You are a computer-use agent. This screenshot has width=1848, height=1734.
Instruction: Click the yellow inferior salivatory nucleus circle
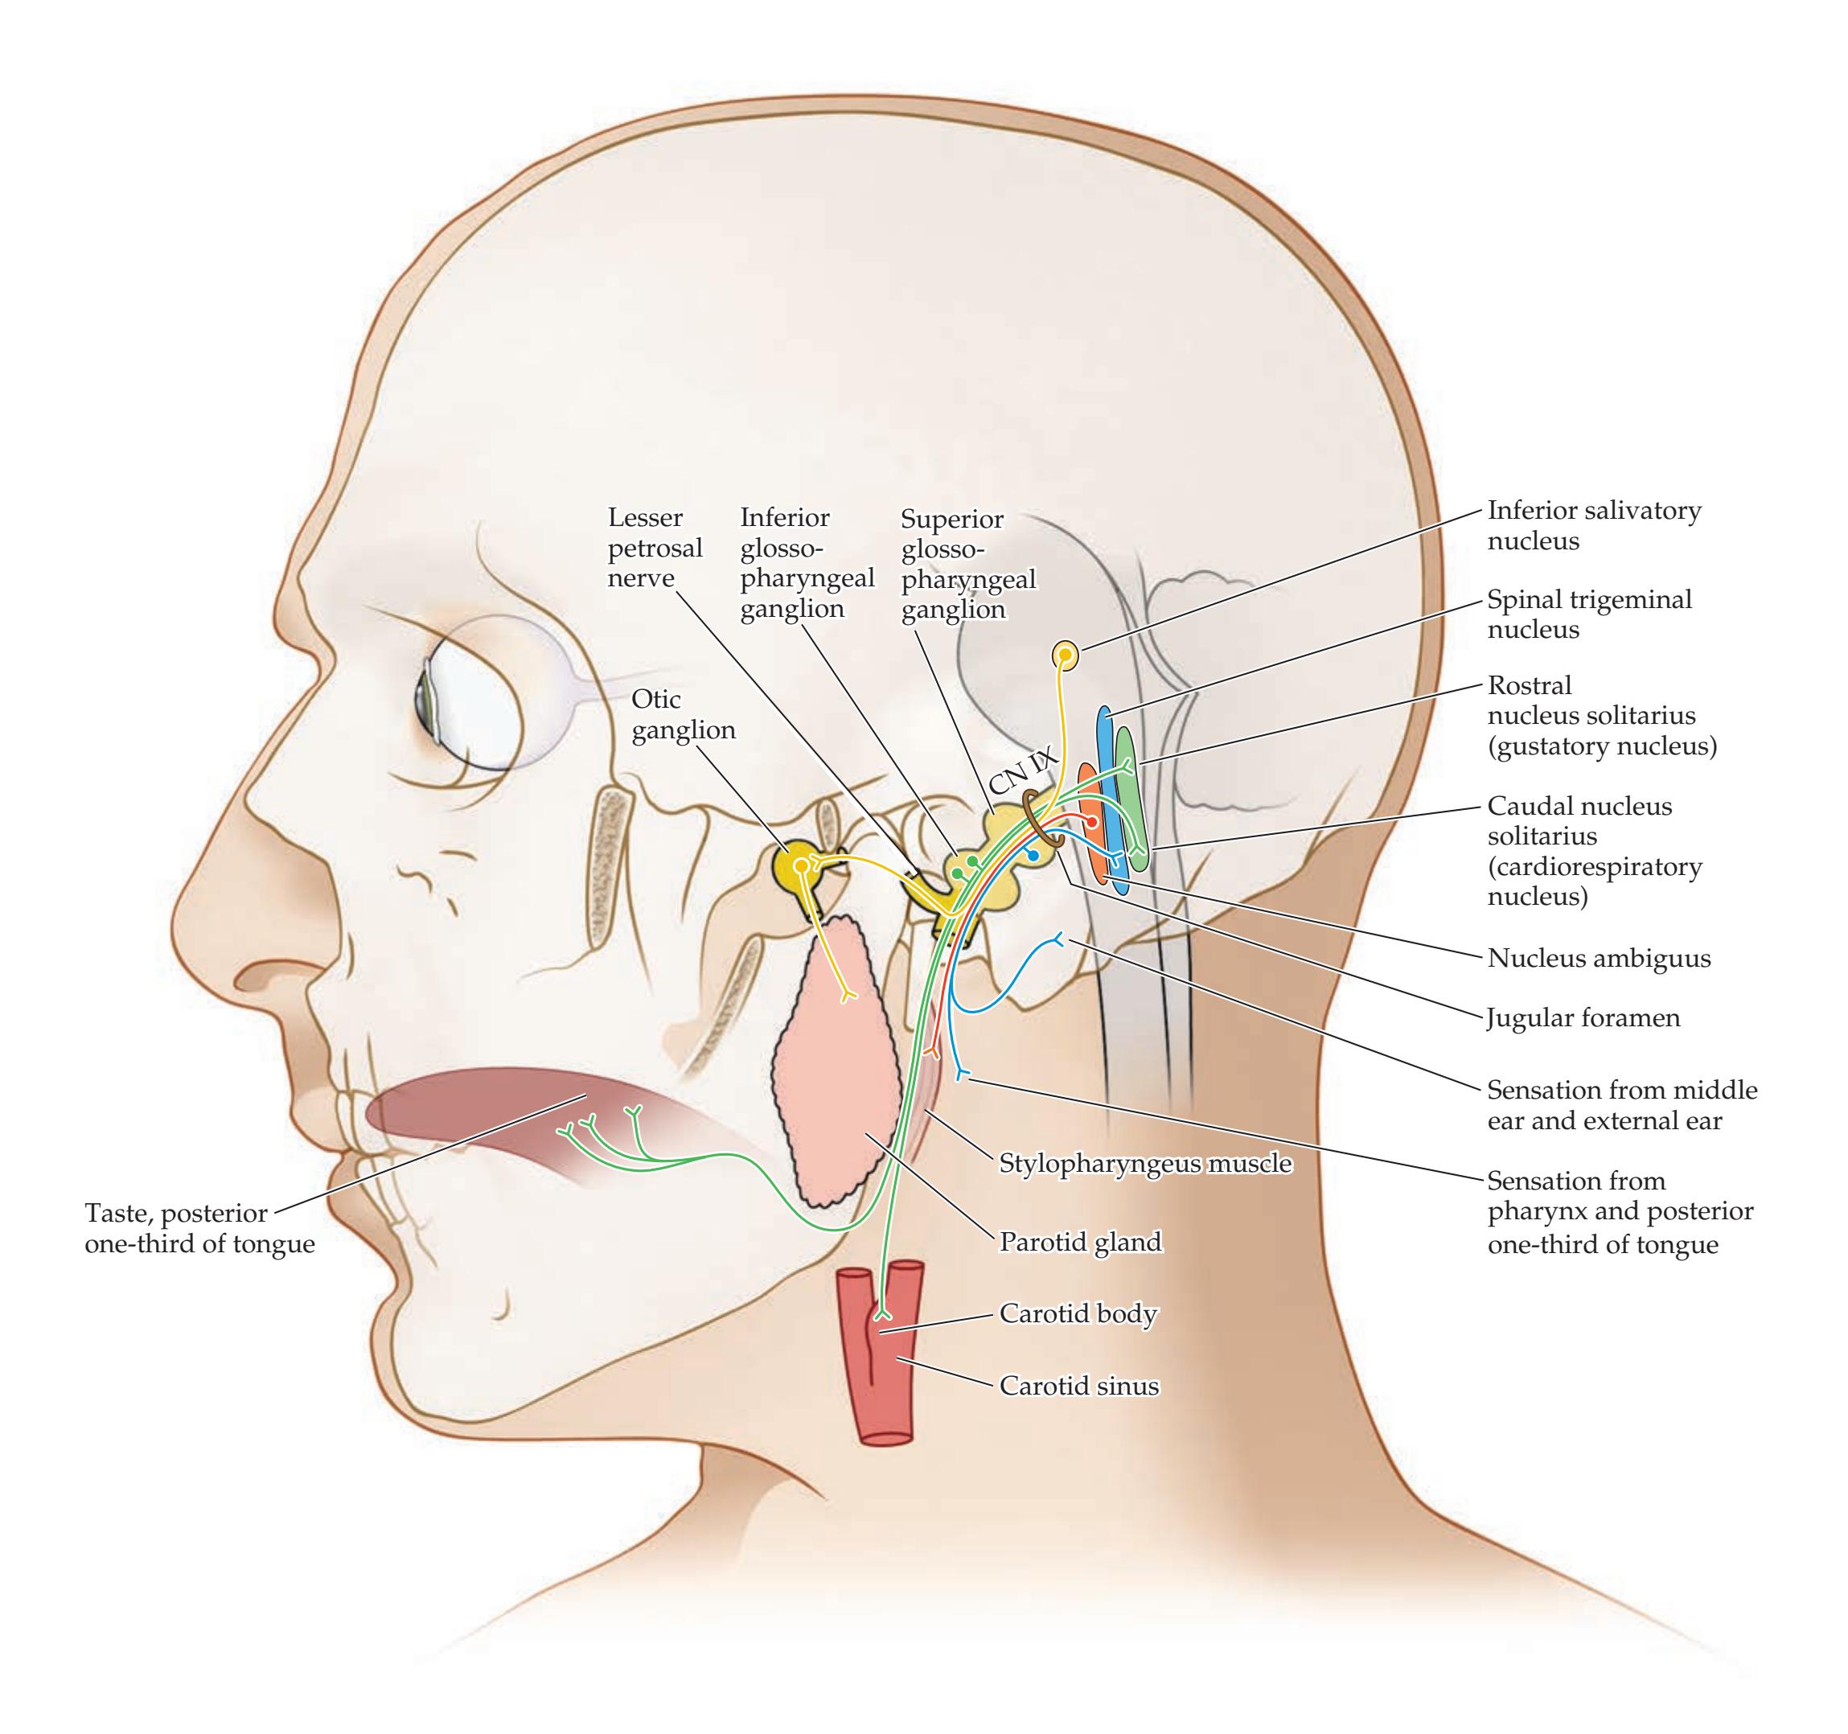(1066, 656)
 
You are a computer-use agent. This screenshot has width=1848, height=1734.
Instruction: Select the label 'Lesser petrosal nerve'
(655, 548)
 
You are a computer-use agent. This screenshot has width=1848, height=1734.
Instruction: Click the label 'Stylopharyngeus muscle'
(1145, 1162)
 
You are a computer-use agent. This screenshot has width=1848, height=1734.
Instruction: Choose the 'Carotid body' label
(1078, 1313)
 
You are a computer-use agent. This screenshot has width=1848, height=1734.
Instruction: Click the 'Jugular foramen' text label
(1583, 1018)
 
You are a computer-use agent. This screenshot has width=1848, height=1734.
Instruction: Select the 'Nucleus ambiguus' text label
(1599, 958)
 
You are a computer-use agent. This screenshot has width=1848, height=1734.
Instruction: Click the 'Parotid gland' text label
(1080, 1241)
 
